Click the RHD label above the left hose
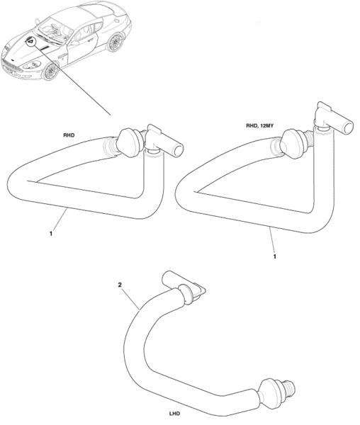[x=69, y=135]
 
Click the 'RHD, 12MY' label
[x=259, y=126]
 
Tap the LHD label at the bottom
[x=174, y=414]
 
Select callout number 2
[x=120, y=285]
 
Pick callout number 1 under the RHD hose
[x=51, y=233]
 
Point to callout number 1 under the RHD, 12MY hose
[x=274, y=256]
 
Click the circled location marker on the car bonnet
[x=30, y=41]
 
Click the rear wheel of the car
[x=116, y=42]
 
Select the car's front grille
[x=11, y=67]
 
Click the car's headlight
[x=32, y=64]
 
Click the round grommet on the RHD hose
[x=130, y=142]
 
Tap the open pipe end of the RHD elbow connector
[x=179, y=150]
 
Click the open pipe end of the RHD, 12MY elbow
[x=349, y=126]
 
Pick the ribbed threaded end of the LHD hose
[x=288, y=387]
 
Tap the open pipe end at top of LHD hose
[x=167, y=278]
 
